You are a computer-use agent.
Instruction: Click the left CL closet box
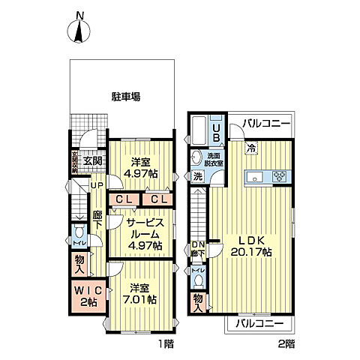124,199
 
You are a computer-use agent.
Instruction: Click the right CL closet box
158,199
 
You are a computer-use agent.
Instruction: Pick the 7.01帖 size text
141,299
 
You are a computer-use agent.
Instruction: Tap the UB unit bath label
216,132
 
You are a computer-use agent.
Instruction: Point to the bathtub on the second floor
199,132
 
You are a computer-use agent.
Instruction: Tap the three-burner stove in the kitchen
280,178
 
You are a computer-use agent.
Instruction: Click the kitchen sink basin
253,178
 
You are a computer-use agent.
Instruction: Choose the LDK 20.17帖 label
254,246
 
